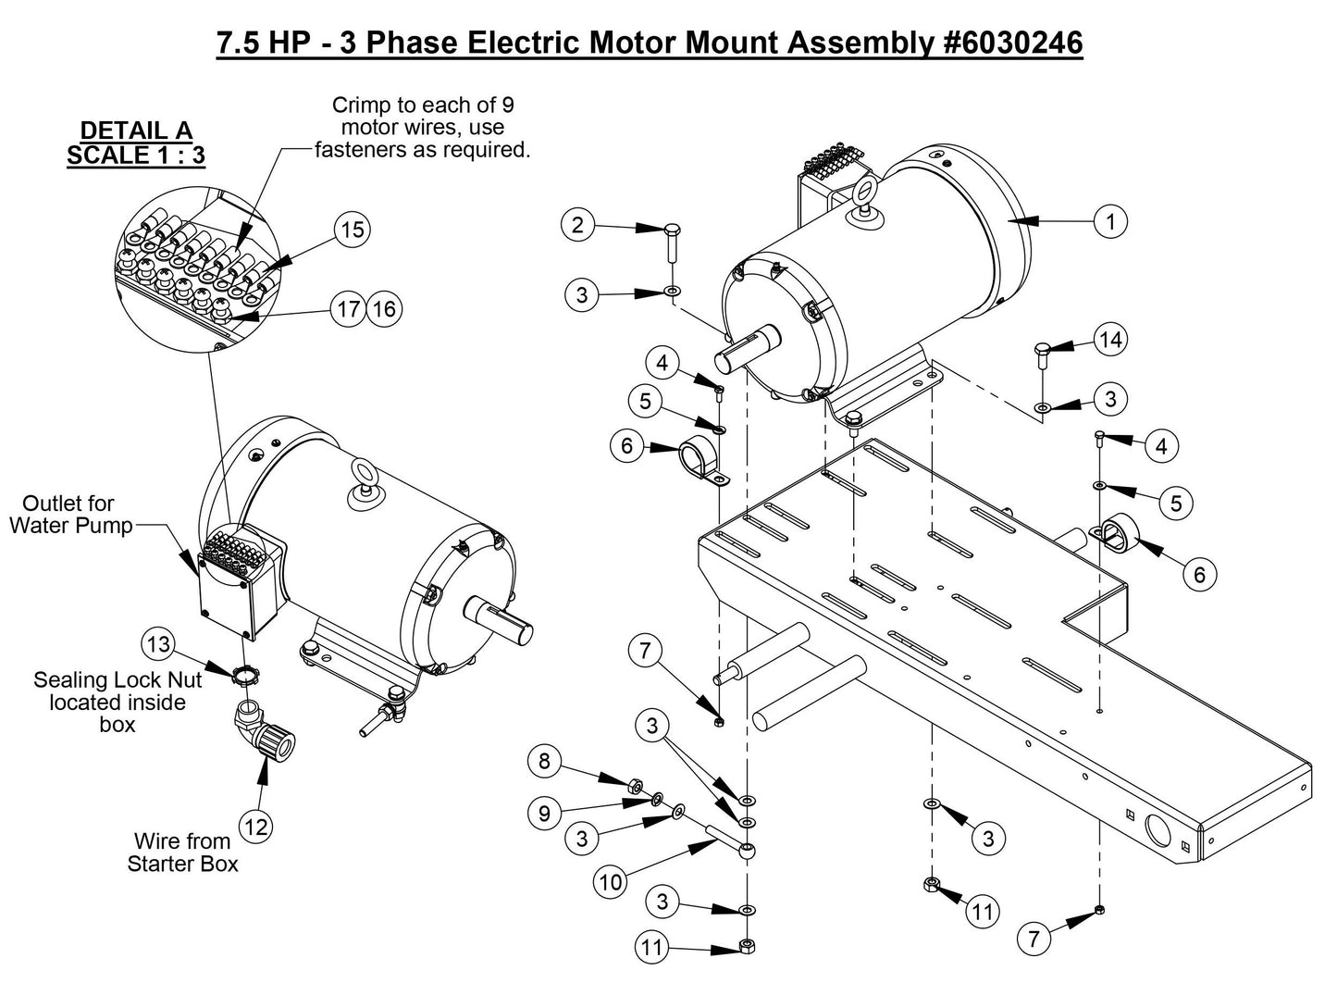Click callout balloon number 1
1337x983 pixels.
click(1110, 221)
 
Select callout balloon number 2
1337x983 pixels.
click(578, 225)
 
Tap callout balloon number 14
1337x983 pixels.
click(1110, 341)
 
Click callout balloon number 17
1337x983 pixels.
click(348, 308)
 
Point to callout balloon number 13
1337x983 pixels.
click(158, 642)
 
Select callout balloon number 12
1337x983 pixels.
click(256, 826)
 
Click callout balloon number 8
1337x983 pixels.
click(544, 761)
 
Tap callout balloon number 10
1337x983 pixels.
click(611, 881)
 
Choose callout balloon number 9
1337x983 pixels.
click(544, 813)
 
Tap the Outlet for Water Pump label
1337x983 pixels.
click(68, 516)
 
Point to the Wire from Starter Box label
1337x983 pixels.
click(182, 852)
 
